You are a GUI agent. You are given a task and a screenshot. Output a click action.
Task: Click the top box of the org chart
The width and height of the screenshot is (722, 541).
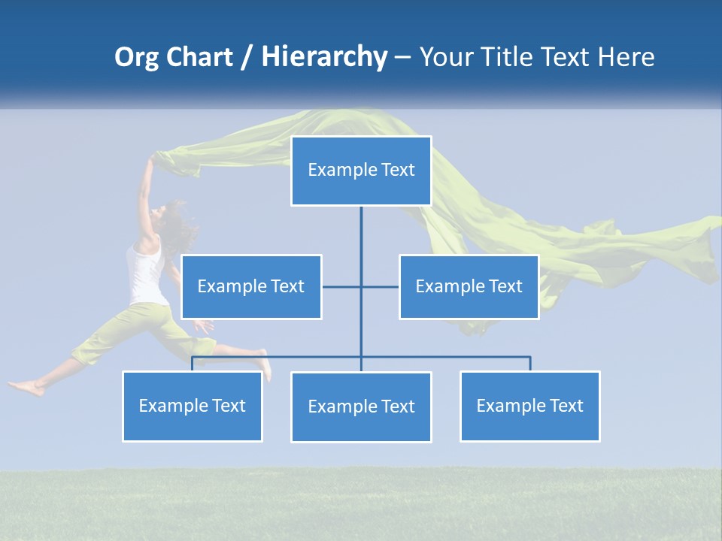click(361, 171)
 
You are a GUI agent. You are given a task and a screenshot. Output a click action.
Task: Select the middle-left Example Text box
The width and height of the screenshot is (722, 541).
click(251, 286)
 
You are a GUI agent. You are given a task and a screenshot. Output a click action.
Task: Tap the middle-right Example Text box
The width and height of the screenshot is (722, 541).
click(469, 286)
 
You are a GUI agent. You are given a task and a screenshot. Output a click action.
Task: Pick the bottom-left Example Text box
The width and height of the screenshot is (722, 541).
click(193, 406)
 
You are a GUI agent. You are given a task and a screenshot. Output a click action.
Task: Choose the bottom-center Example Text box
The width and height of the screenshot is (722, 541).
click(361, 407)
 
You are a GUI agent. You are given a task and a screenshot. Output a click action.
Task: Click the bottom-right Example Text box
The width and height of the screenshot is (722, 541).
click(529, 406)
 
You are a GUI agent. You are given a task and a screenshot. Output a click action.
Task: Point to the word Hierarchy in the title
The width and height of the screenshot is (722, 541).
click(323, 57)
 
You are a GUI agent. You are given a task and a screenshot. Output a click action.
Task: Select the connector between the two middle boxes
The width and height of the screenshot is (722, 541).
click(361, 286)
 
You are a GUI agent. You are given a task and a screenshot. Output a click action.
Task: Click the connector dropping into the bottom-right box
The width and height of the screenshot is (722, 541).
click(530, 363)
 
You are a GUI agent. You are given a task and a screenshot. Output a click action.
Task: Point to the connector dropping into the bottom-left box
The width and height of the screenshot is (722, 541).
click(193, 363)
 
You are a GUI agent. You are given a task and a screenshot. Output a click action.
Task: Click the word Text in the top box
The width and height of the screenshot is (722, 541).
click(398, 171)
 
